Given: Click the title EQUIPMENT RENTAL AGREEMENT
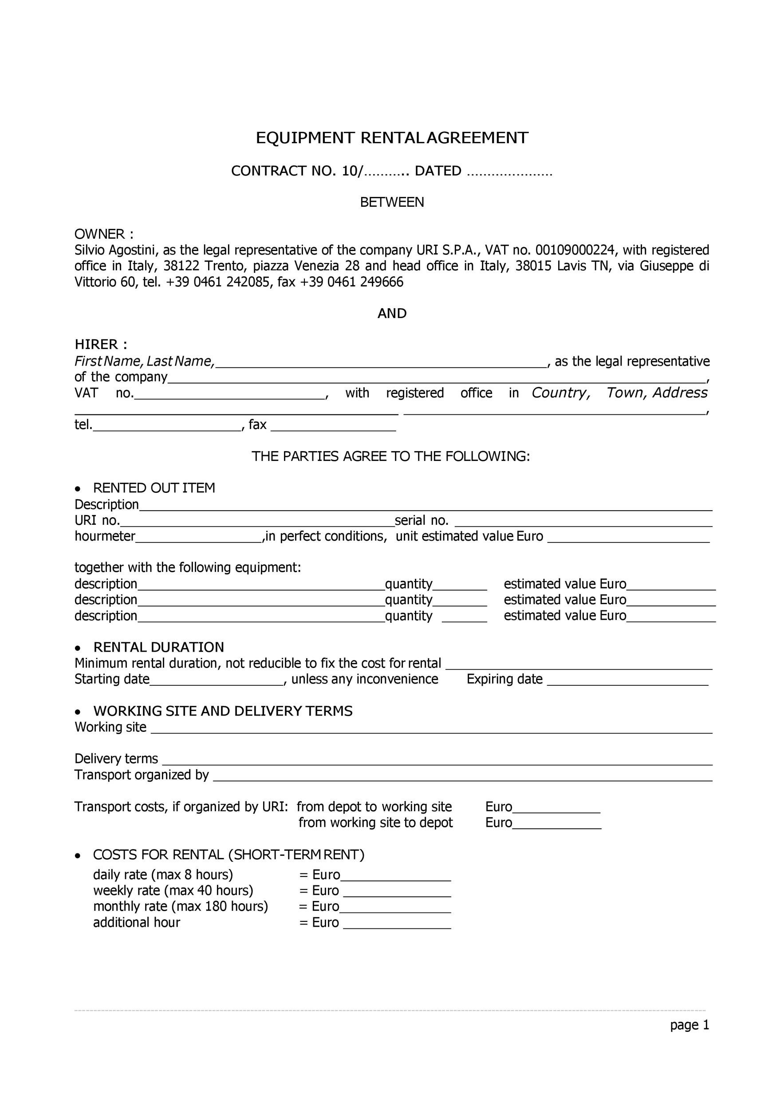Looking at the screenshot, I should pyautogui.click(x=392, y=138).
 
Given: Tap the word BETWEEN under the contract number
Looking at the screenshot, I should pyautogui.click(x=392, y=202).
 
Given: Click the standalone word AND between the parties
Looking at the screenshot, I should pyautogui.click(x=392, y=314).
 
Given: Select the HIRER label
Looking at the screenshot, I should pyautogui.click(x=100, y=345).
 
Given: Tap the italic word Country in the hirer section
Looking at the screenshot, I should pyautogui.click(x=560, y=393).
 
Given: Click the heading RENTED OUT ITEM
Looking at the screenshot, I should pyautogui.click(x=154, y=488).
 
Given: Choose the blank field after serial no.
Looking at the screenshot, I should pyautogui.click(x=583, y=522).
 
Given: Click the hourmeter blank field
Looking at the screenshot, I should pyautogui.click(x=198, y=538).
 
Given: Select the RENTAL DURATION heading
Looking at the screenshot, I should pyautogui.click(x=158, y=647).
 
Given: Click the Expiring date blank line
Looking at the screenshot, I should pyautogui.click(x=627, y=680).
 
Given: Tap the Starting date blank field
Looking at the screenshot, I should pyautogui.click(x=217, y=680).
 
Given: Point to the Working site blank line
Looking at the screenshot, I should pyautogui.click(x=431, y=728).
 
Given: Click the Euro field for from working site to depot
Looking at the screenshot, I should pyautogui.click(x=556, y=823).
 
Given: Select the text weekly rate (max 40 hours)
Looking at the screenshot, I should pyautogui.click(x=173, y=891).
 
